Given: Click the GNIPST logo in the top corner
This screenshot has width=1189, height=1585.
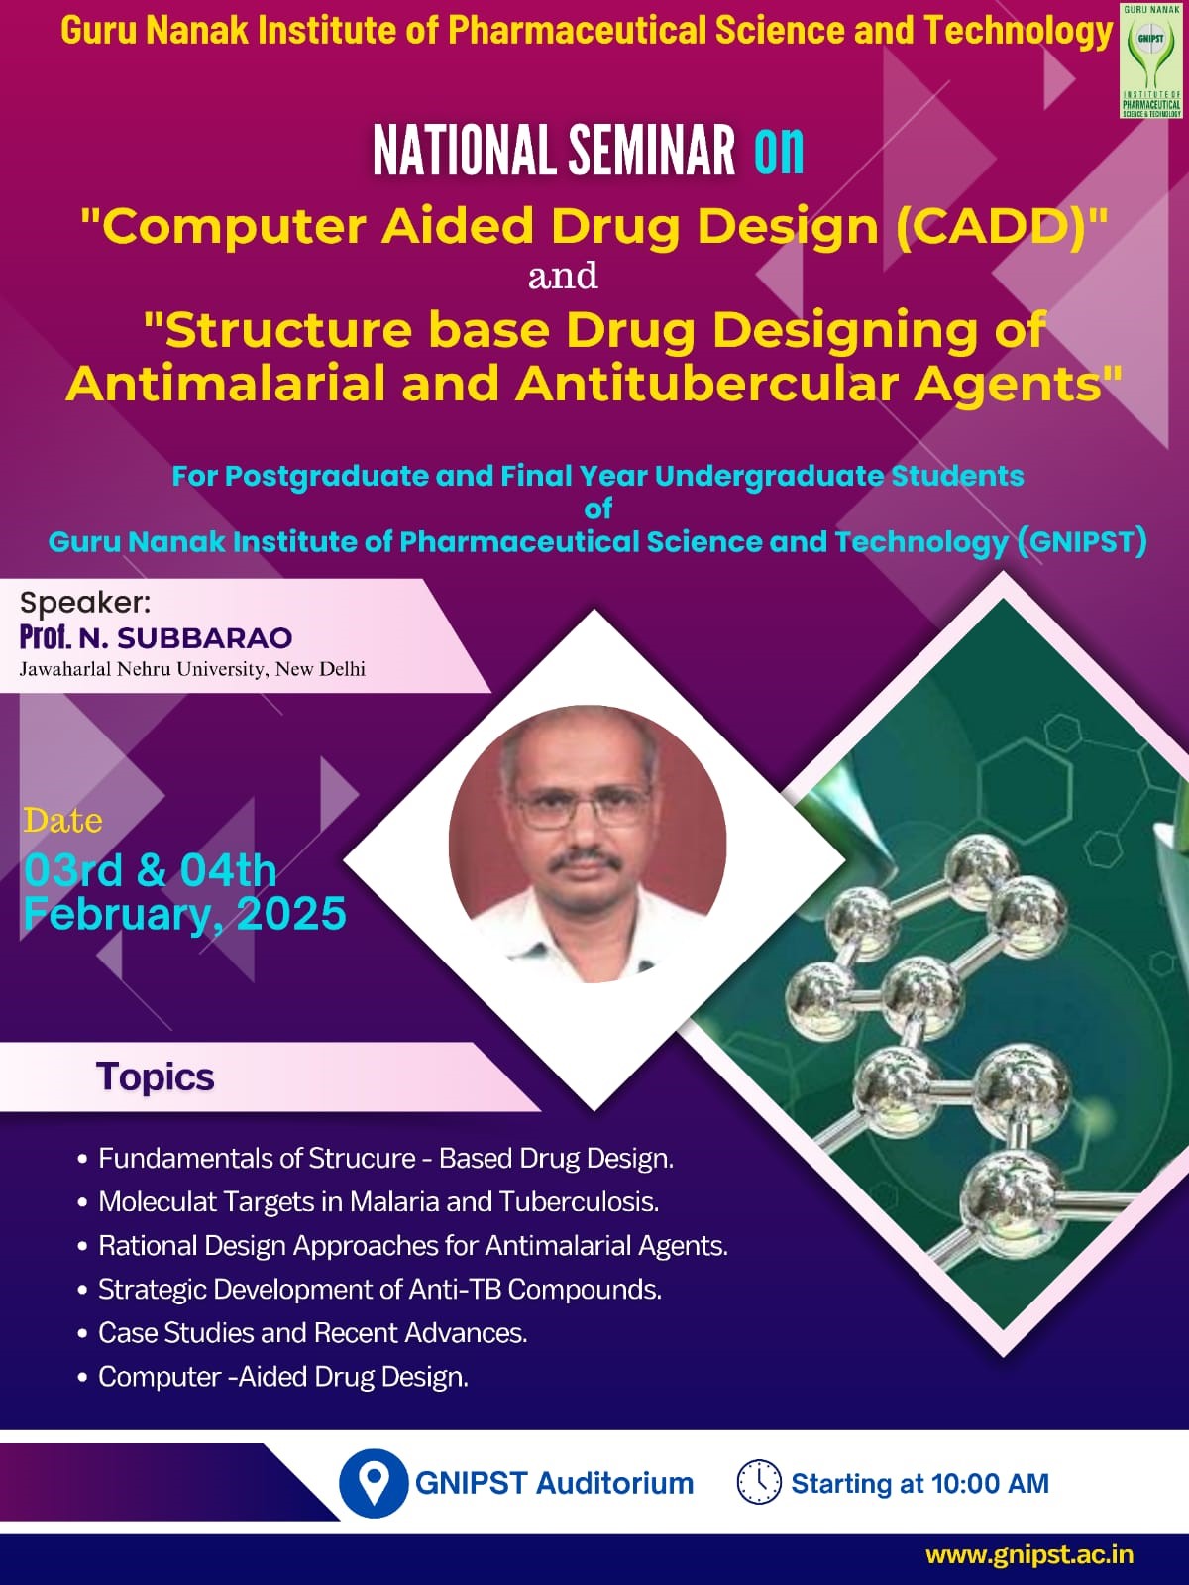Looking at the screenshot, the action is point(1151,60).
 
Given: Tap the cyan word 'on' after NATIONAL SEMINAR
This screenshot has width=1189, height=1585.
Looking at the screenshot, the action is point(779,152).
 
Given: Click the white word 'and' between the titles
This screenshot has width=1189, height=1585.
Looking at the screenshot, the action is point(563,277).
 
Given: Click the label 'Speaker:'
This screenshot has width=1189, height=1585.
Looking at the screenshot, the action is point(85,603).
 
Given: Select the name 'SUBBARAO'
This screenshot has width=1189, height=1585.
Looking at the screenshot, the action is point(205,638).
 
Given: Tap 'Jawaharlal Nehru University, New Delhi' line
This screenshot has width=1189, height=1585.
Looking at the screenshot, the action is point(192,669).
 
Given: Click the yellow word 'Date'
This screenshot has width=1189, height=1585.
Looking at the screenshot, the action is point(62,821).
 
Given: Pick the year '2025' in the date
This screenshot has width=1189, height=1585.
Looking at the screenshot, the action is point(291,914).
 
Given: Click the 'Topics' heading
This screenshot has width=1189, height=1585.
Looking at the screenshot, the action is point(156,1076).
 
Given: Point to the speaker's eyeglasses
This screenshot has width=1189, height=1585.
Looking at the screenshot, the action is point(584,805).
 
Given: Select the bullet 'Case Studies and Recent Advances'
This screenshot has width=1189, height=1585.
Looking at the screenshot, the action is point(312,1333).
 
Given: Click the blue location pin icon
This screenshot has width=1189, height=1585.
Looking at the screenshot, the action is point(374,1483).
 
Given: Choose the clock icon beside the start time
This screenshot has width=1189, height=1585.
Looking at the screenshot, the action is point(759,1483).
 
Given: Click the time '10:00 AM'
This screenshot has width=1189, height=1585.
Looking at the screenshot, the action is point(990,1483).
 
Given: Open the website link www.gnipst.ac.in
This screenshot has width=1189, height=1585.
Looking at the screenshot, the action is point(1029,1554).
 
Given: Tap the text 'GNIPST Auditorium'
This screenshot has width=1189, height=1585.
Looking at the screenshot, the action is point(554,1483).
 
